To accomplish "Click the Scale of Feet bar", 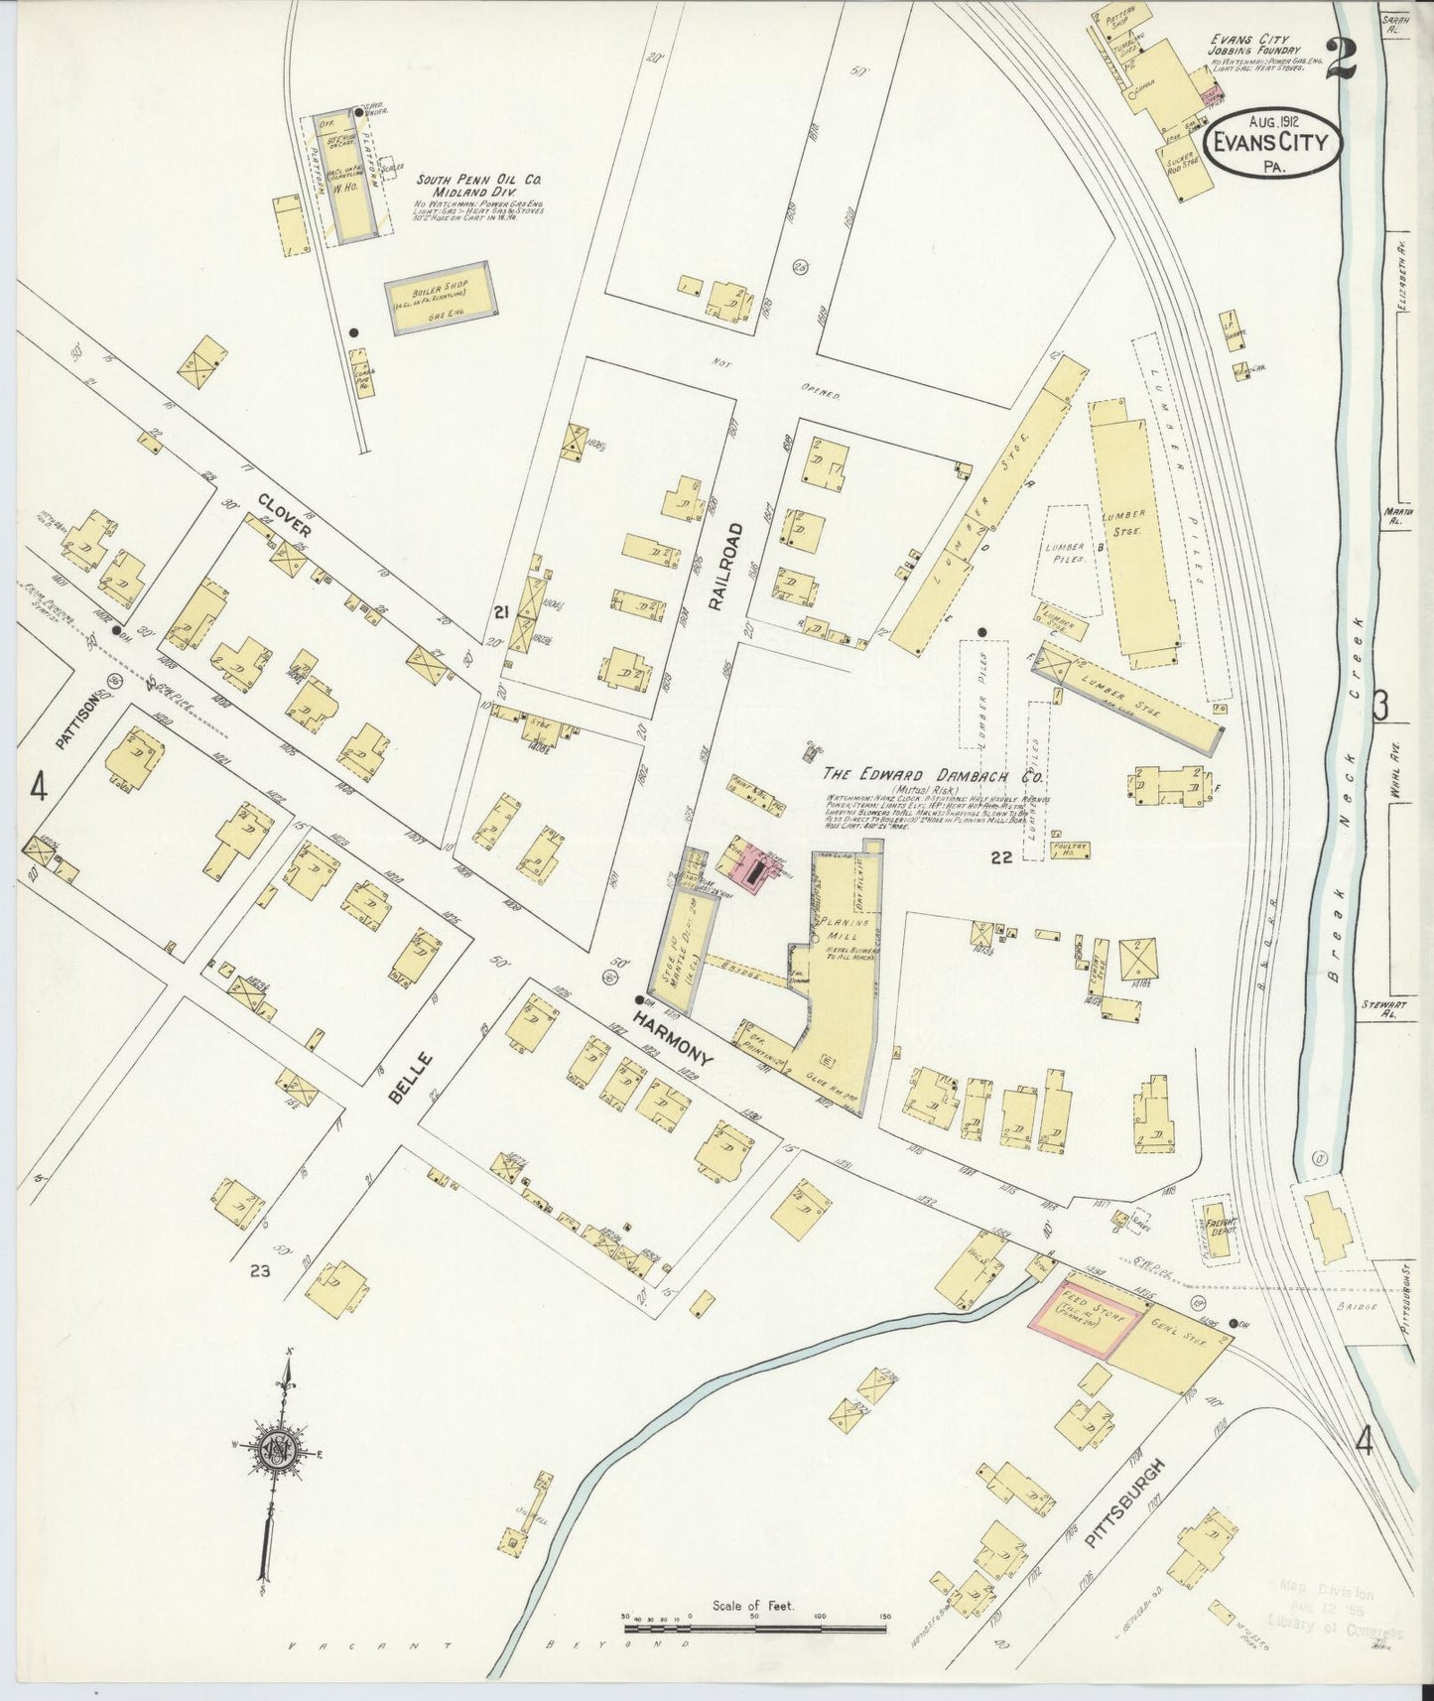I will [754, 1628].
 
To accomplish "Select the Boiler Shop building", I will [440, 297].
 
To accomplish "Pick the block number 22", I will [1000, 856].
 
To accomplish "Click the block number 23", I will [260, 1269].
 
